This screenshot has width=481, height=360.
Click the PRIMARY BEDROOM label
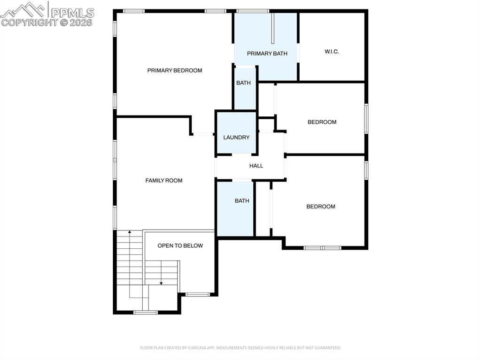tap(175, 70)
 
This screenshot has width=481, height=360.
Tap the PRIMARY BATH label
tap(267, 54)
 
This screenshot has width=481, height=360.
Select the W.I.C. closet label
tap(332, 52)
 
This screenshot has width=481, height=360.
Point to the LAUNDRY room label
tap(236, 138)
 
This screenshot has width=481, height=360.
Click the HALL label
tap(256, 166)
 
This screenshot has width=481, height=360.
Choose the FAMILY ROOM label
tap(163, 181)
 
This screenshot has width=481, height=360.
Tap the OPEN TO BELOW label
tap(180, 245)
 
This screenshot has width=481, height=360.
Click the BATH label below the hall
tap(242, 201)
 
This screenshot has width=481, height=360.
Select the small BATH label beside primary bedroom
tap(243, 83)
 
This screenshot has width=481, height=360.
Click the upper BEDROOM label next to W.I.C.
tap(322, 122)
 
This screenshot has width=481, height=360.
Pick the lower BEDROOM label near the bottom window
tap(321, 207)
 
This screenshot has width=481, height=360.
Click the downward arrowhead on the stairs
tap(161, 283)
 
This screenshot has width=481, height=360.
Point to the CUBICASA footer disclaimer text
tap(240, 348)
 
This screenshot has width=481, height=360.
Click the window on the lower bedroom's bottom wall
tap(322, 247)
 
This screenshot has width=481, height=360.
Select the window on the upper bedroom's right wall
tap(366, 119)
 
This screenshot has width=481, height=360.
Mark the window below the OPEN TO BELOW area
tap(198, 294)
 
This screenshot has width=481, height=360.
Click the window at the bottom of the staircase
tap(146, 312)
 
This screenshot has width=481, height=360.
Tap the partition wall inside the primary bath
tap(272, 28)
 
